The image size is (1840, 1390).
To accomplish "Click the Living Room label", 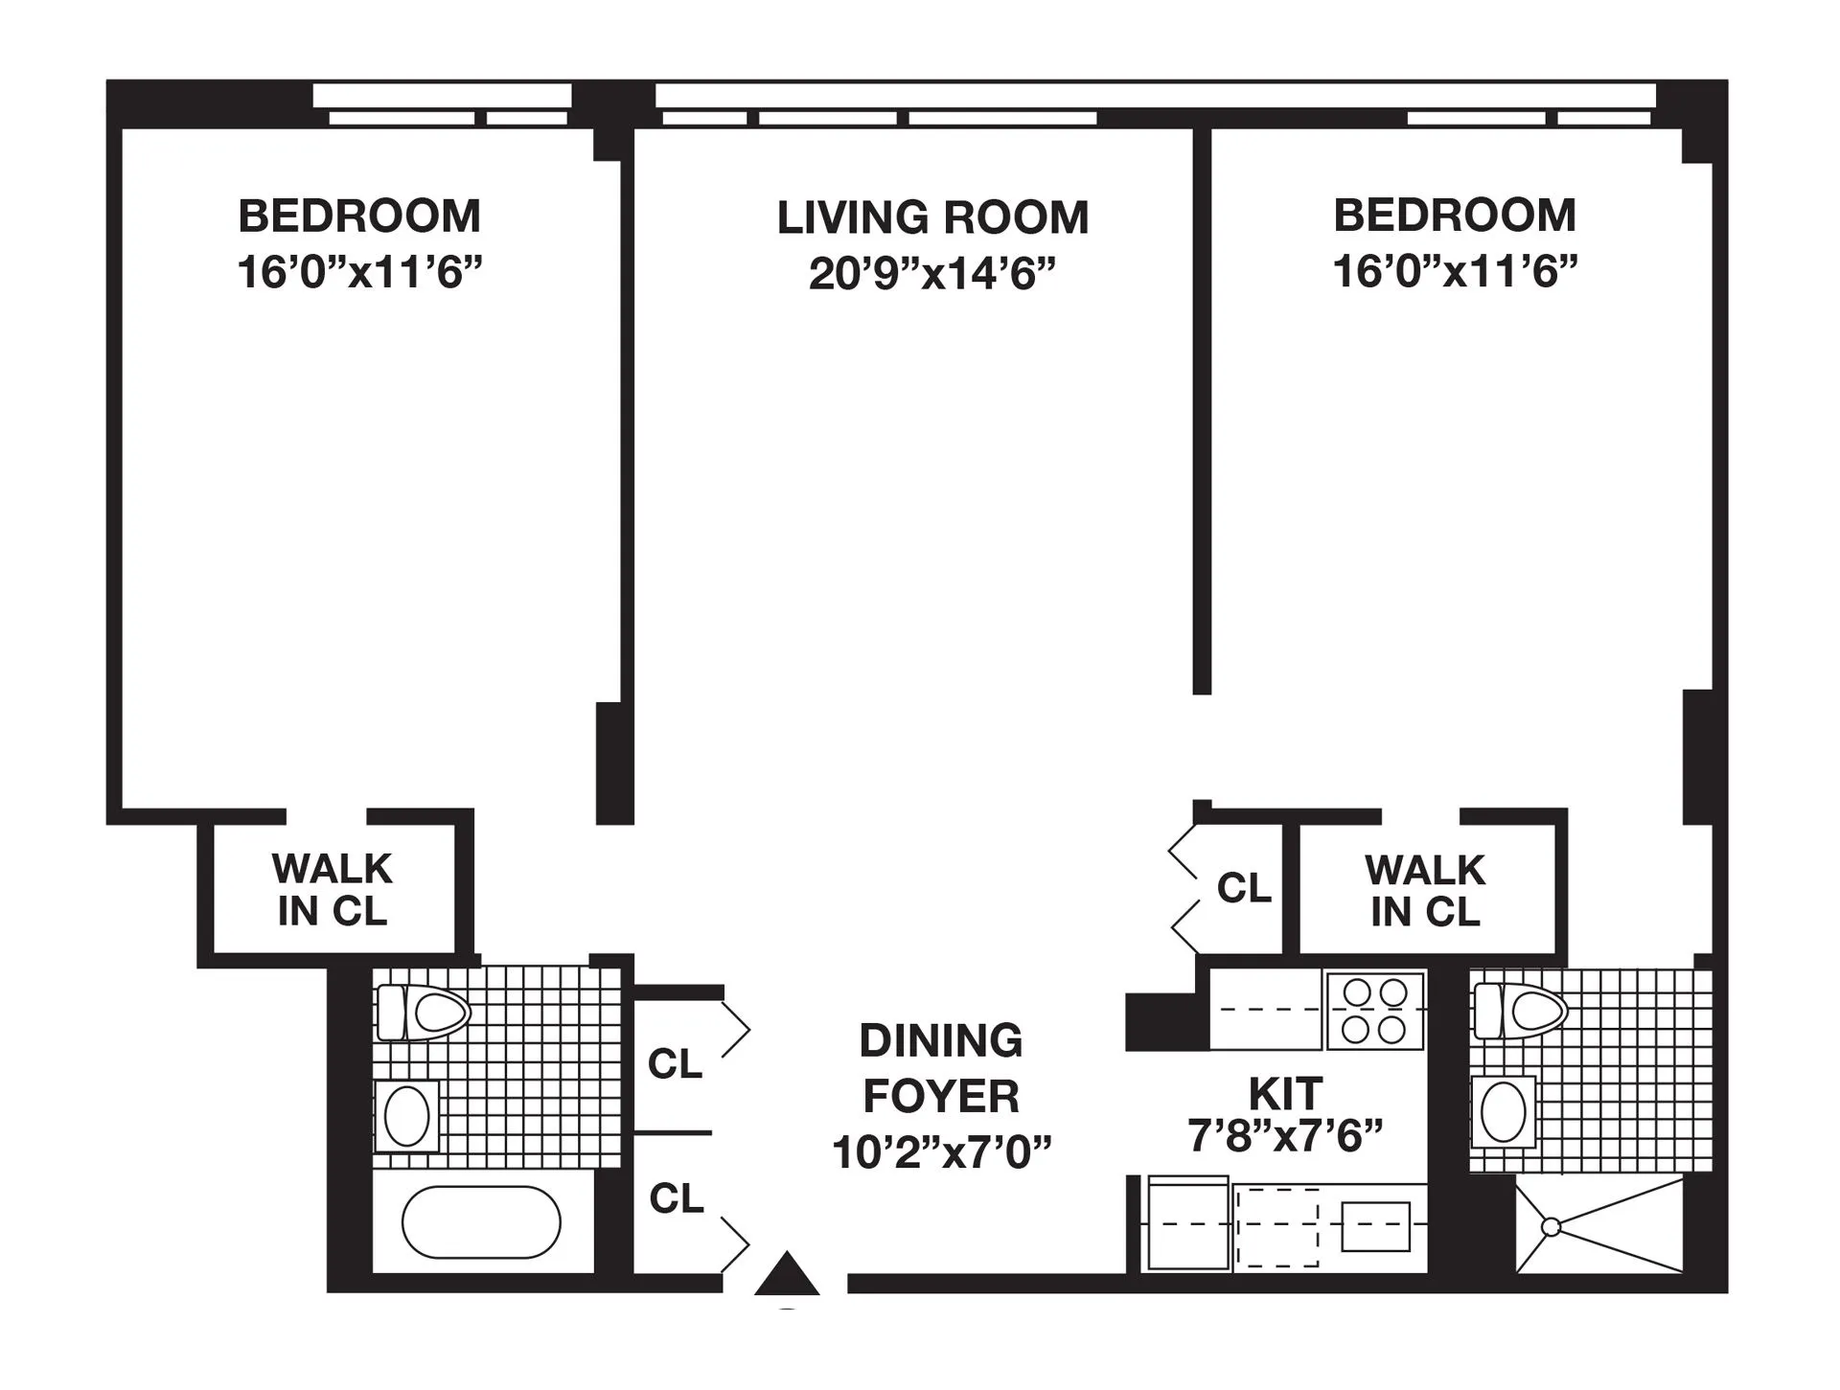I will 932,217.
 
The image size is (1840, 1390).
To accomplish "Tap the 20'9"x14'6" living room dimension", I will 932,274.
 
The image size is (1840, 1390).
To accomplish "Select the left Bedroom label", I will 359,216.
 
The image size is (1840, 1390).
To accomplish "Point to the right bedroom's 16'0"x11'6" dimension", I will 1455,271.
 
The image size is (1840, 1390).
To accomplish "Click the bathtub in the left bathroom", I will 481,1222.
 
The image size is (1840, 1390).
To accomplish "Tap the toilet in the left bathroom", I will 424,1013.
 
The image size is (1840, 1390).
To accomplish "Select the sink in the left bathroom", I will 407,1116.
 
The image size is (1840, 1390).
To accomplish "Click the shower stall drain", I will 1551,1227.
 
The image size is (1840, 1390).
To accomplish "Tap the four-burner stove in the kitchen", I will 1374,1011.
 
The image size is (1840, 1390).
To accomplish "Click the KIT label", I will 1285,1093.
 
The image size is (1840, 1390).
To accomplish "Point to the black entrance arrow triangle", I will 787,1275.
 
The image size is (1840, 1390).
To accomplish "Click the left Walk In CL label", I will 333,890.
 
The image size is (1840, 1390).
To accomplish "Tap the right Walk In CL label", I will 1425,891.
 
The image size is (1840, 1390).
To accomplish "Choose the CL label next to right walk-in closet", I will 1243,888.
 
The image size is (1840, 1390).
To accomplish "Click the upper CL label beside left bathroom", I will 675,1063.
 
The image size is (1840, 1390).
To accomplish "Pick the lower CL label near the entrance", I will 676,1198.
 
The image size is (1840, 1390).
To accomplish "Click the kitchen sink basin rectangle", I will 1375,1226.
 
